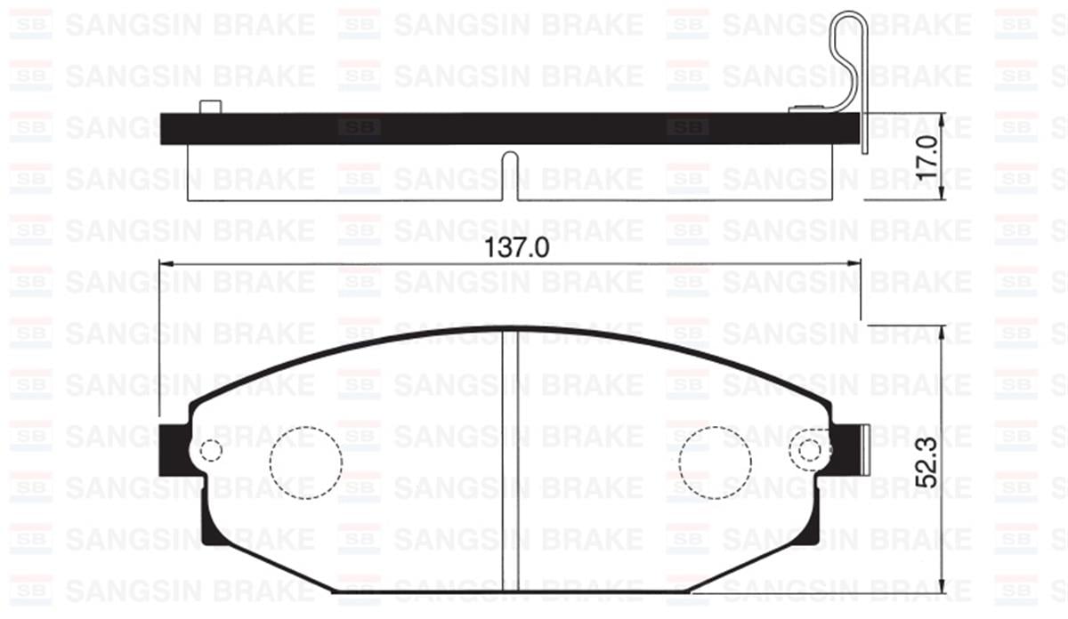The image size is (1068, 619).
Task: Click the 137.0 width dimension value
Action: [511, 249]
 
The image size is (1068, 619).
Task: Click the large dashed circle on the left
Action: [305, 461]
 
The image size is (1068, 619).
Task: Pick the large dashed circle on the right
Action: [715, 461]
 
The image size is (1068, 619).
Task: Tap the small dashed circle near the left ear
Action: [210, 451]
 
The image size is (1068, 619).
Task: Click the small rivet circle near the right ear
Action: [810, 451]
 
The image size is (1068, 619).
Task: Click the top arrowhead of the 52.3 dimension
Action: [943, 329]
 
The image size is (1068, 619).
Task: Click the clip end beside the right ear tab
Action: [866, 450]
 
